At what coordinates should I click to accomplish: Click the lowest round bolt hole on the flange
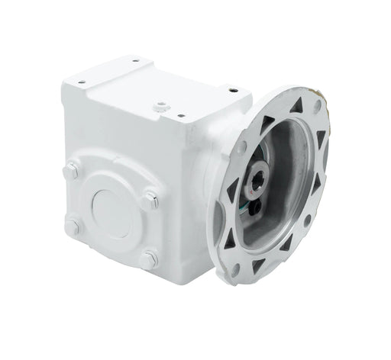click(235, 269)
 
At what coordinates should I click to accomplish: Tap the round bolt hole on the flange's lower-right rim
click(306, 220)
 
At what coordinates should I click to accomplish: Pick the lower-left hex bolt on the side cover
click(73, 227)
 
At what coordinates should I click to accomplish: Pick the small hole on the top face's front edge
click(181, 117)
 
